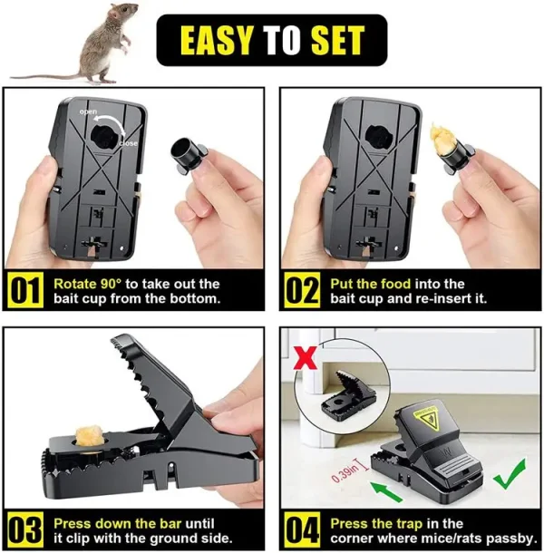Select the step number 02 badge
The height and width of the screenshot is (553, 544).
[300, 291]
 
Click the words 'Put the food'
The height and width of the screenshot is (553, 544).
[366, 284]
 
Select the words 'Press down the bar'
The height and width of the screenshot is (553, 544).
[116, 523]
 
